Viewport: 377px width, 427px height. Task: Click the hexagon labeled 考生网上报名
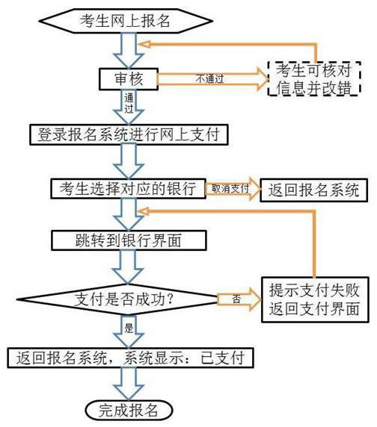[x=126, y=21]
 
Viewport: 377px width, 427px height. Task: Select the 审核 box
[x=129, y=79]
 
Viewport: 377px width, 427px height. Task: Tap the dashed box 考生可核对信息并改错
[x=314, y=78]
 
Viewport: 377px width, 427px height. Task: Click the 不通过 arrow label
[x=209, y=79]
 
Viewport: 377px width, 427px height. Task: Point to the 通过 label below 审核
[x=129, y=103]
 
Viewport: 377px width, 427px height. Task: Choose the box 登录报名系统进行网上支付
[x=129, y=134]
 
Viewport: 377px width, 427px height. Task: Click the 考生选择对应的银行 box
[x=128, y=188]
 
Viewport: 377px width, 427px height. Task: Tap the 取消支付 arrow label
[x=230, y=188]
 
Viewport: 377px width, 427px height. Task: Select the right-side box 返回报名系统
[x=313, y=190]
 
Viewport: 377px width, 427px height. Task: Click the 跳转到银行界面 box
[x=129, y=240]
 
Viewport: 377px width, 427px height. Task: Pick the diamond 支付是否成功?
[x=120, y=299]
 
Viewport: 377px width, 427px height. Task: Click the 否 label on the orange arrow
[x=236, y=299]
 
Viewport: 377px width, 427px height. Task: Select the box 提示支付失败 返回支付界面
[x=315, y=299]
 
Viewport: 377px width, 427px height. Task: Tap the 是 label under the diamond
[x=129, y=328]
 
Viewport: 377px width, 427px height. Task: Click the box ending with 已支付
[x=130, y=358]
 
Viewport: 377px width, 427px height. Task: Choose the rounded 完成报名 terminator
[x=129, y=411]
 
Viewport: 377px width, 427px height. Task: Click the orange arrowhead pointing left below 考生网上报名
[x=144, y=44]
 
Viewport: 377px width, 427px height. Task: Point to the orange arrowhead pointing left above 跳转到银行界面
[x=143, y=211]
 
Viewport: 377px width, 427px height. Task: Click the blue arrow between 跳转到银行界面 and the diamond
[x=128, y=267]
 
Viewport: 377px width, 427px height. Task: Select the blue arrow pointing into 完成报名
[x=129, y=384]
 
